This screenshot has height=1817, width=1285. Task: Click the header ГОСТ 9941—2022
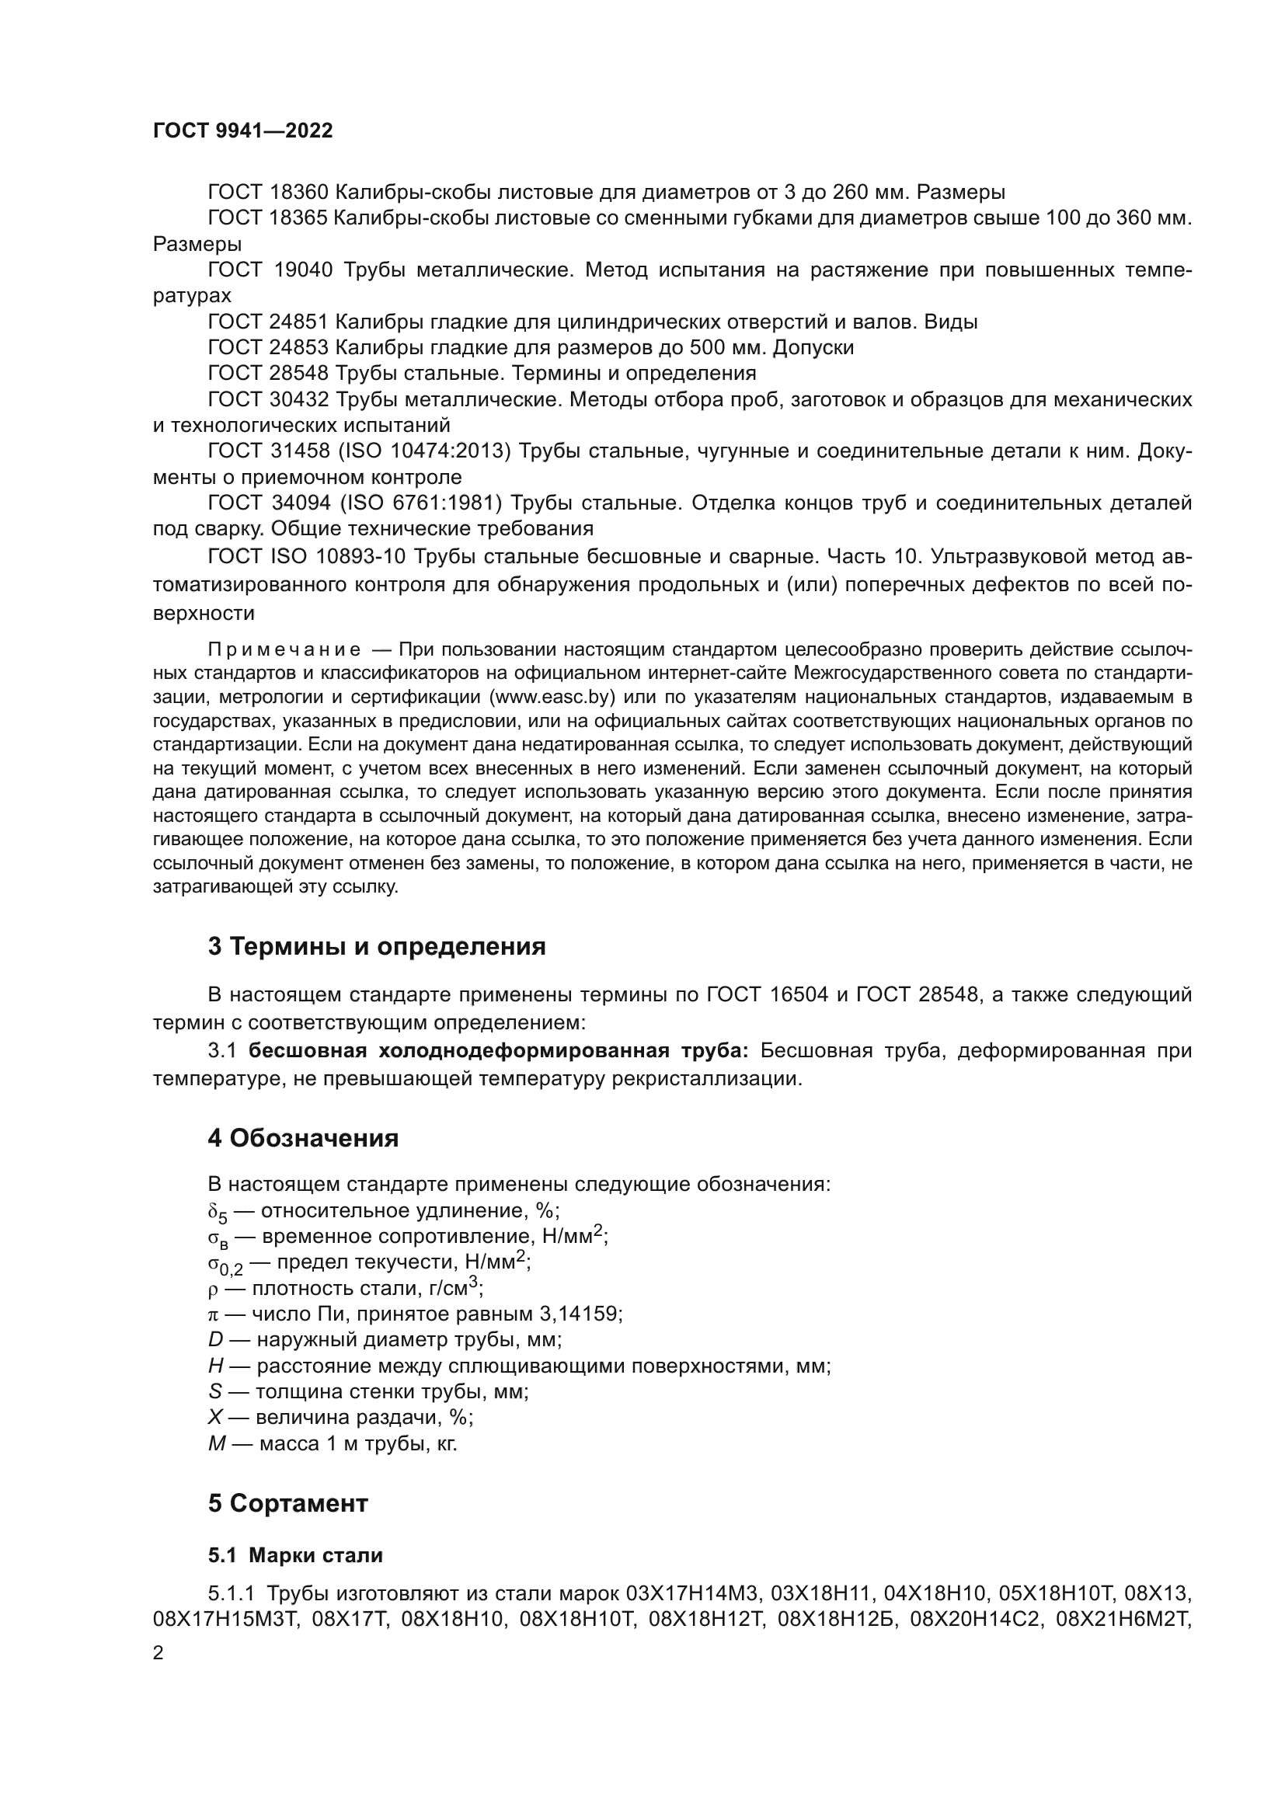point(243,131)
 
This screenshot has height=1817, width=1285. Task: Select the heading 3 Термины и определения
point(377,946)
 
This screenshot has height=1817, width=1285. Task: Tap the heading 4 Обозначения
point(303,1139)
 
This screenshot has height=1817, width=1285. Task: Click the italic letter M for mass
point(217,1444)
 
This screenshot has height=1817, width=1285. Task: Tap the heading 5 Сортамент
point(288,1504)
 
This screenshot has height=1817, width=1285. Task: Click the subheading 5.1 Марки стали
point(295,1556)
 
